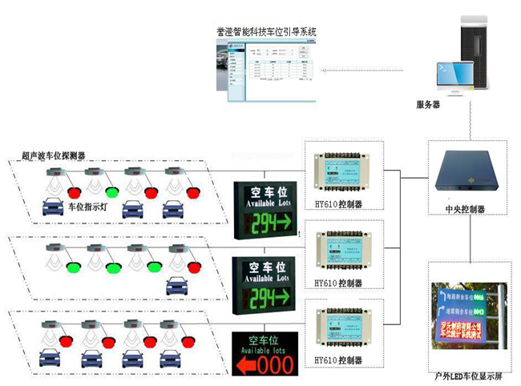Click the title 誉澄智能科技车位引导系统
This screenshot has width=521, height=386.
(x=266, y=32)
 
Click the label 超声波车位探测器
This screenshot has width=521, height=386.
(x=54, y=155)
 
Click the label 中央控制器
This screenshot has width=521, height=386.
(x=464, y=209)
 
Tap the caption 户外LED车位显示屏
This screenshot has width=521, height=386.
(x=466, y=375)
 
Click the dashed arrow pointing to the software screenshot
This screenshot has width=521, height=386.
(x=361, y=70)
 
